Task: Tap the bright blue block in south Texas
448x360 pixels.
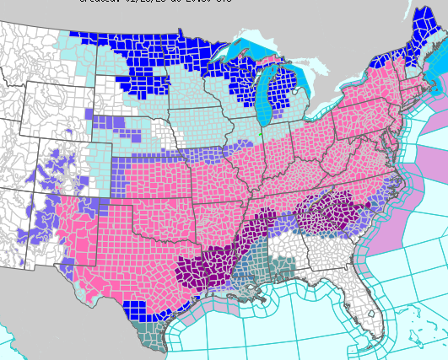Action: click(136, 309)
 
